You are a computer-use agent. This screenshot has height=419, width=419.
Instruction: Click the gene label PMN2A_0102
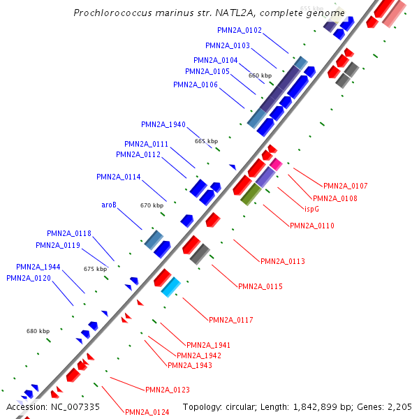pos(240,30)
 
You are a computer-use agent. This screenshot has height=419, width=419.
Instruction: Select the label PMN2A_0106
pos(196,84)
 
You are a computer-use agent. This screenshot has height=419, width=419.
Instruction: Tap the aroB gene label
pos(108,205)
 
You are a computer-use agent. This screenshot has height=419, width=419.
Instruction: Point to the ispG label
pos(312,209)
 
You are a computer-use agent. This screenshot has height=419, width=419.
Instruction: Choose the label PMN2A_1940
pos(163,124)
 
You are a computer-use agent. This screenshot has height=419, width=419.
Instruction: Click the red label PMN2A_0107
pos(345,186)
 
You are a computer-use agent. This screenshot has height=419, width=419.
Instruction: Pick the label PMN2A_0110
pos(311,226)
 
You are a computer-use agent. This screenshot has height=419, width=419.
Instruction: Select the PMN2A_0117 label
pos(230,320)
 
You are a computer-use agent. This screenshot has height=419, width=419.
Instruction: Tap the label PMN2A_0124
pos(147,412)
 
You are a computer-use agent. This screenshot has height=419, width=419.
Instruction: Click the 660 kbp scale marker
pos(260,75)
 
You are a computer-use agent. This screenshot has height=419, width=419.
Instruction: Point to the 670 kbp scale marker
pos(152,205)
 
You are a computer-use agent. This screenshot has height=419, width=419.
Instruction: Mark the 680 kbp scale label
pos(38,331)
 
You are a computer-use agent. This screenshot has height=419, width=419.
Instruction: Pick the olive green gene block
pos(250,195)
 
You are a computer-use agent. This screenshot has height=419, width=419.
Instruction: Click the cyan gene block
pos(171,287)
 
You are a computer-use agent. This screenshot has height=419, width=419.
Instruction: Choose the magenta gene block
pos(277,165)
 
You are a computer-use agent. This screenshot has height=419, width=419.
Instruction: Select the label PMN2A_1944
pos(38,267)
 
